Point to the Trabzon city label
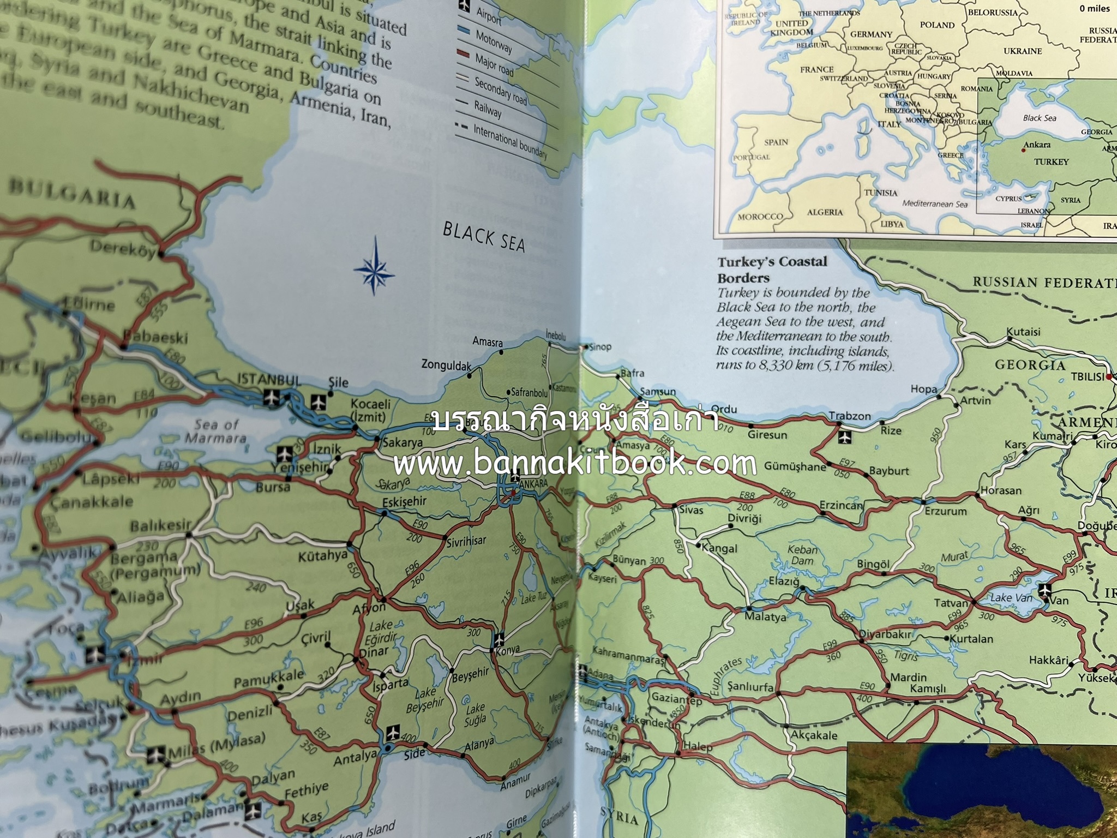(x=850, y=416)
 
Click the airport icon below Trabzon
(x=844, y=436)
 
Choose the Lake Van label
(x=1011, y=598)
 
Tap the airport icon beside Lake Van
(x=1044, y=590)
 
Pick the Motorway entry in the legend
(x=494, y=42)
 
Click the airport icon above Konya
(x=500, y=638)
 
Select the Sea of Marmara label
(x=217, y=430)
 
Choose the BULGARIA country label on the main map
(x=72, y=194)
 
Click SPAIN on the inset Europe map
(x=776, y=142)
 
